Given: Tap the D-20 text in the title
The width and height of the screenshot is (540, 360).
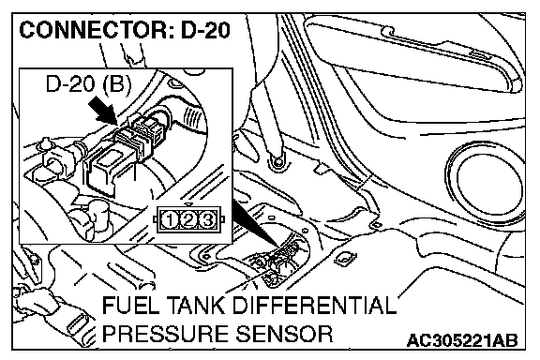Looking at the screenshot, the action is (205, 30).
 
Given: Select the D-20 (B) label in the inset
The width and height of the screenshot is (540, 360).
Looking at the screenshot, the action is (88, 83).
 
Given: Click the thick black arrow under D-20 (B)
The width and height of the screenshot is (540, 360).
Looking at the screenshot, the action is (102, 111).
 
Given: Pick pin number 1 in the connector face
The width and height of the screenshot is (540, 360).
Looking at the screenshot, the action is (170, 220).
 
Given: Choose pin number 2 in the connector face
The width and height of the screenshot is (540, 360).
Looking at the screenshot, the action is (188, 220).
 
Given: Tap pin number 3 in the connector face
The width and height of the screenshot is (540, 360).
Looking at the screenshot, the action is (207, 220).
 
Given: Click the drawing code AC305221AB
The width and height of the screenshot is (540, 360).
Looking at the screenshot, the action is (462, 340).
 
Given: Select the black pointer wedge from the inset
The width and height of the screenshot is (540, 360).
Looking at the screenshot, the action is (258, 224).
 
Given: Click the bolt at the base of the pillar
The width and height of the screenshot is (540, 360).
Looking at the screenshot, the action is (277, 160).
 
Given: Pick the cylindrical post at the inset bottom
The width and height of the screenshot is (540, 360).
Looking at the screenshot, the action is (98, 217).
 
